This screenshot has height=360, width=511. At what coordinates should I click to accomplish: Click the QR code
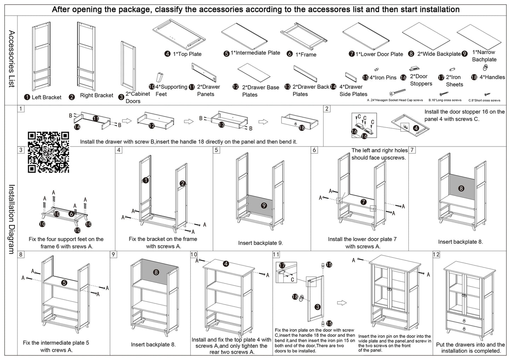(48, 152)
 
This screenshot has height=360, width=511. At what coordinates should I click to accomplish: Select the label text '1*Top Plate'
(187, 54)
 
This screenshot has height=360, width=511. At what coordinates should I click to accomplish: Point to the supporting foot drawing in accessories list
(160, 78)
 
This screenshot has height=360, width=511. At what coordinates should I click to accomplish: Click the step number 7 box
(412, 150)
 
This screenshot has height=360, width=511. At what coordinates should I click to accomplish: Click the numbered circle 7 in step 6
(363, 202)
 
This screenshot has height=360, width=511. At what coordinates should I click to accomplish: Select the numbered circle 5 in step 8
(64, 283)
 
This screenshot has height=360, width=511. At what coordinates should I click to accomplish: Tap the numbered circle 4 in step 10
(226, 264)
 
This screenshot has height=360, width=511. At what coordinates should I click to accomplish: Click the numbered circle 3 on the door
(318, 307)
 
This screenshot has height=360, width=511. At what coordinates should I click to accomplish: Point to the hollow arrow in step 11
(341, 303)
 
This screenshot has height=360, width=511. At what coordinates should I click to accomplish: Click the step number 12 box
(436, 254)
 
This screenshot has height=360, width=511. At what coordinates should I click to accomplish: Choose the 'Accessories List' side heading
(11, 59)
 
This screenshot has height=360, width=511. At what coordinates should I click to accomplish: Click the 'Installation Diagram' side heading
(11, 219)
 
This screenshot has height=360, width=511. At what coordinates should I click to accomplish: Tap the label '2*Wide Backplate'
(439, 54)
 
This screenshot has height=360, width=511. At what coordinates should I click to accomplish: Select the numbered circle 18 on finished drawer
(302, 128)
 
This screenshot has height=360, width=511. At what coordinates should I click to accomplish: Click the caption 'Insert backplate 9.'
(261, 243)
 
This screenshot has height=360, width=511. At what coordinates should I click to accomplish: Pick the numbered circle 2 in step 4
(182, 183)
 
